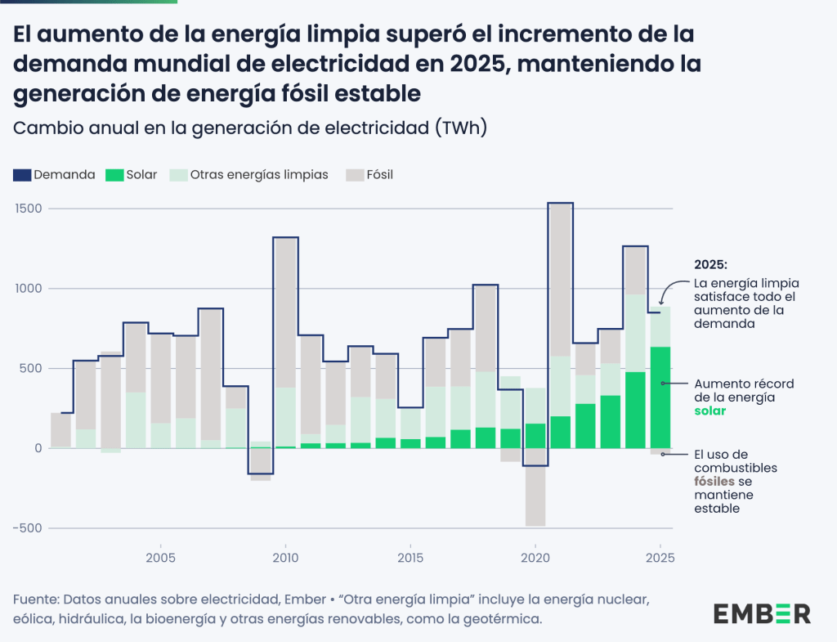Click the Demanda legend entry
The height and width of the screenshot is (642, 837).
(x=54, y=174)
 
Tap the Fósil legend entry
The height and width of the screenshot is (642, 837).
(x=369, y=174)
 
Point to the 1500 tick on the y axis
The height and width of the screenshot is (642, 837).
(x=29, y=209)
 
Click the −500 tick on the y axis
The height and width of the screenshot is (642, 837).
(x=28, y=528)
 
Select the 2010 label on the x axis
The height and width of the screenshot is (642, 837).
(x=285, y=559)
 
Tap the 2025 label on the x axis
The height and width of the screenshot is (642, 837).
(x=660, y=559)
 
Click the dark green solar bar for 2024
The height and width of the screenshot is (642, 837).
(x=635, y=410)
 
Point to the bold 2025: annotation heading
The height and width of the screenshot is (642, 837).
(x=710, y=266)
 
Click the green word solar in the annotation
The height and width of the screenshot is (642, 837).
(x=710, y=411)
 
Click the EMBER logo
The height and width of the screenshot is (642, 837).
(x=762, y=613)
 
